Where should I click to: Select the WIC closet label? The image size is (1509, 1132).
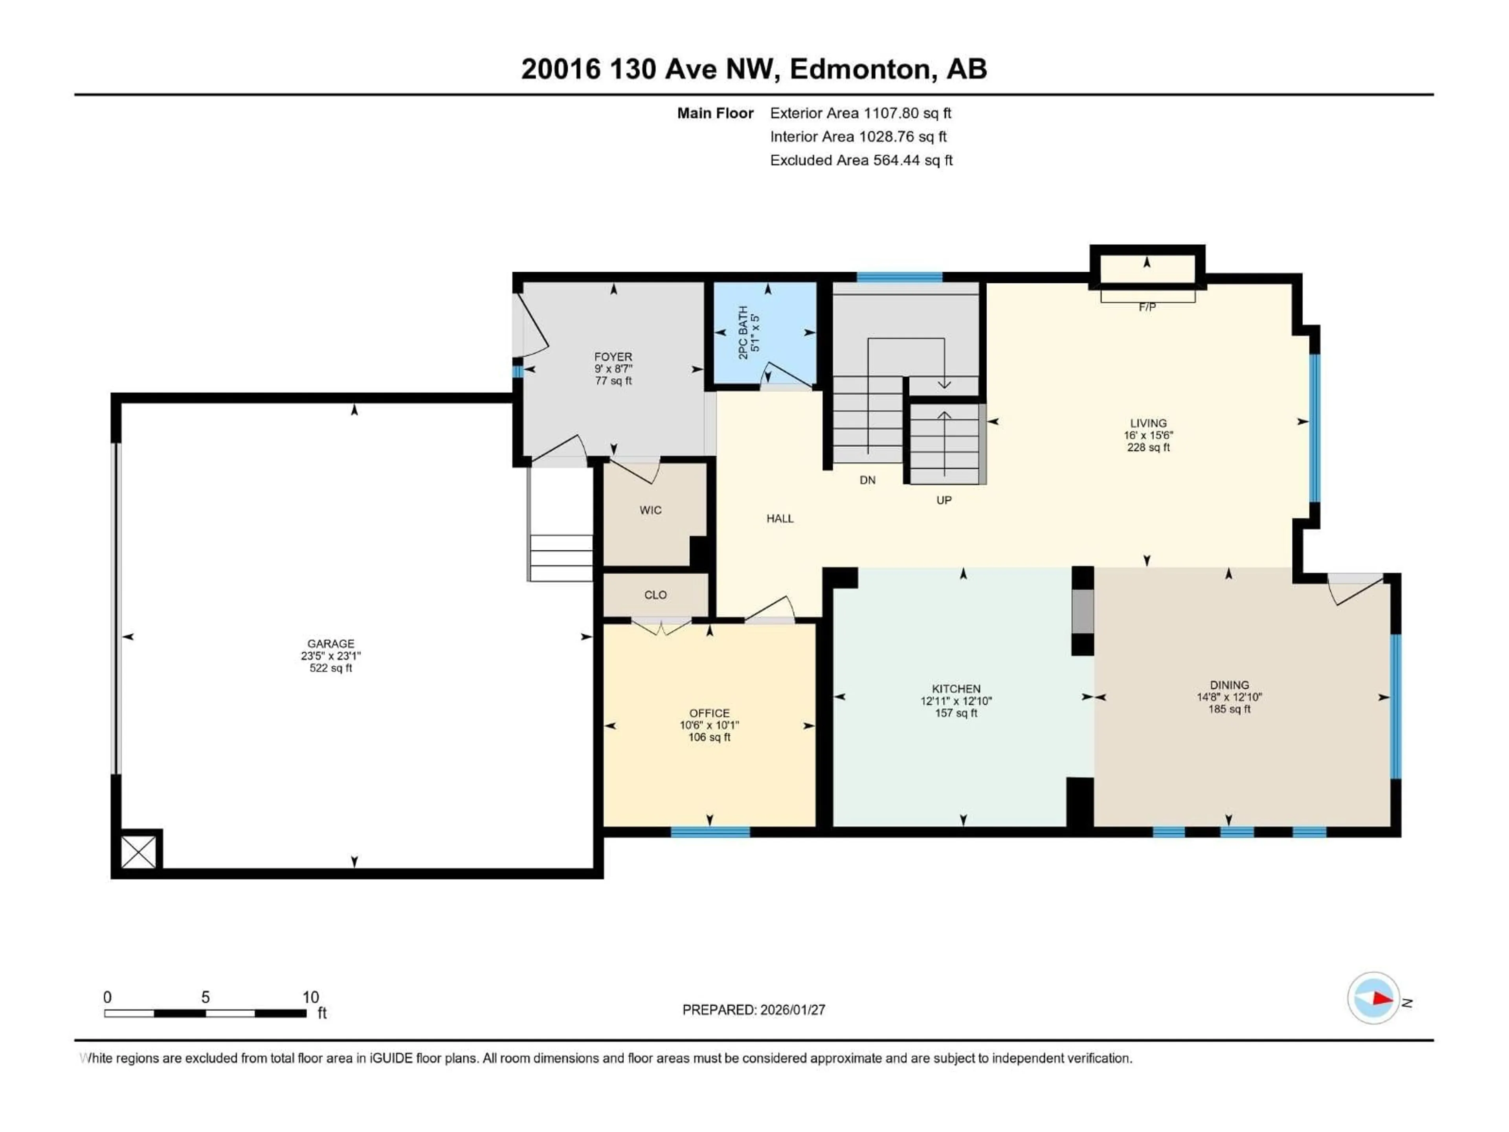click(650, 511)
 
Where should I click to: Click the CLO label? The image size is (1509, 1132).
click(655, 595)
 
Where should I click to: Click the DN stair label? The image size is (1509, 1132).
click(867, 480)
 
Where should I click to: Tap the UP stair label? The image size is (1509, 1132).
click(944, 500)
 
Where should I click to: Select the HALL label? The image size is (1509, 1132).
click(780, 518)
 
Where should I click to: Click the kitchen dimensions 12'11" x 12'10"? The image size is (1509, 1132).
click(956, 701)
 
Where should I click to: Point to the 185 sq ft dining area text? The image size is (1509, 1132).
click(1229, 709)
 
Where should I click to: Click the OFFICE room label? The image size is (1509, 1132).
click(709, 713)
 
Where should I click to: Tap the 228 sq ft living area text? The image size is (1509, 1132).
click(1148, 448)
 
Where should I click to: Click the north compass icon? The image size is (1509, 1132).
click(1373, 998)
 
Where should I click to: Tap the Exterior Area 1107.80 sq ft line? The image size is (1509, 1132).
click(860, 113)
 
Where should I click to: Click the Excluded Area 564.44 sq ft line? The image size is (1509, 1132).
click(861, 160)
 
